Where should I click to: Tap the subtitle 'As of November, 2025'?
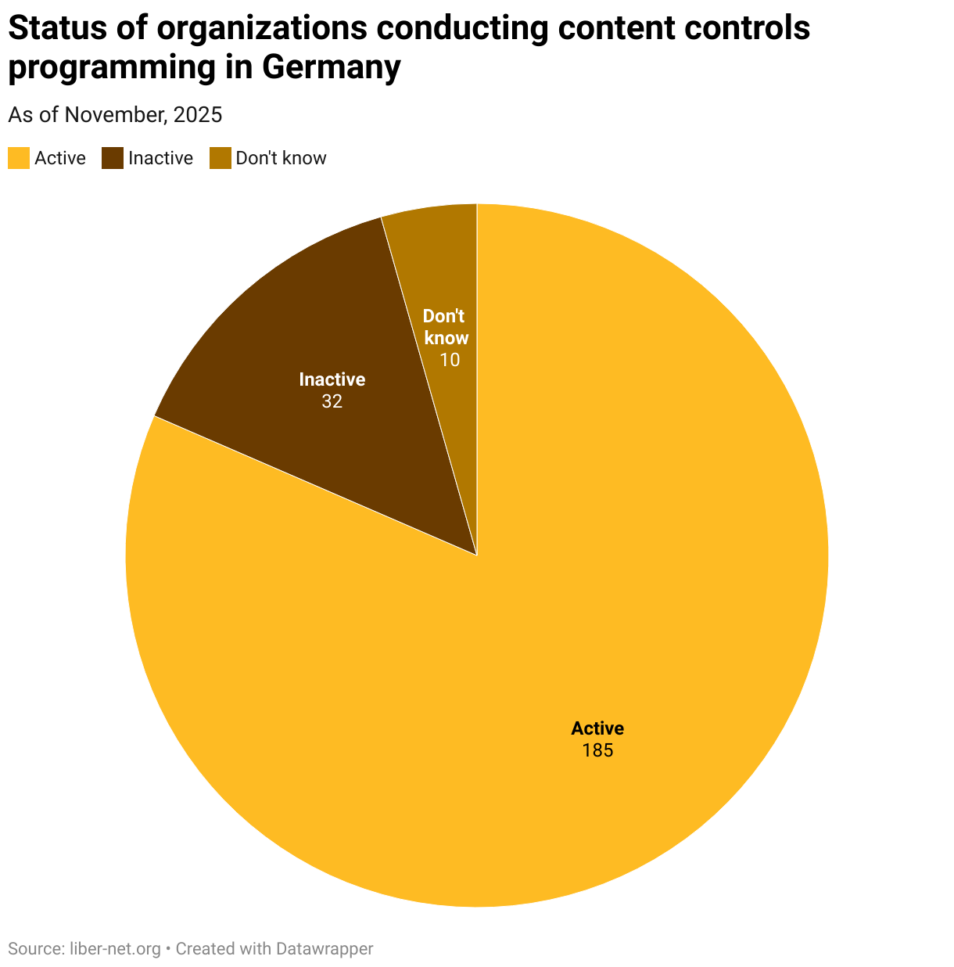115,115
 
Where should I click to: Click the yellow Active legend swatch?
19,158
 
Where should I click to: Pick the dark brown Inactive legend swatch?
113,158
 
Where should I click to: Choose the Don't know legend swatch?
220,158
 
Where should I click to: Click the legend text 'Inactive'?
160,158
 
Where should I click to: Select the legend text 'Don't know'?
281,158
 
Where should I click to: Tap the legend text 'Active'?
60,158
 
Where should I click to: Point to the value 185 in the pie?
597,751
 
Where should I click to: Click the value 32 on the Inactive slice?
332,401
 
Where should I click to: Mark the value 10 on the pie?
449,360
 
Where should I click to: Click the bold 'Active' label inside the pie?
597,728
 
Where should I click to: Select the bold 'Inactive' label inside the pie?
332,379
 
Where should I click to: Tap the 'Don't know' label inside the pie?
446,327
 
